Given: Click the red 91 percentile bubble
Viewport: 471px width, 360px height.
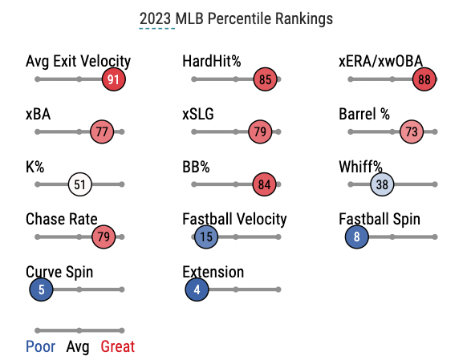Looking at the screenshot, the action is click(114, 79).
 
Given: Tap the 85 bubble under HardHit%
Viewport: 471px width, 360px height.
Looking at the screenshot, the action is click(265, 79).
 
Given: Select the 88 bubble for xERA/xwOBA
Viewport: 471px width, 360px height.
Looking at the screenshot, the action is click(424, 79).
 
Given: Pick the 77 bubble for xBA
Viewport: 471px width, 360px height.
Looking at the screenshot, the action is click(102, 131).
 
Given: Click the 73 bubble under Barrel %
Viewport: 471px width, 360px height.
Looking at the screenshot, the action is click(412, 131).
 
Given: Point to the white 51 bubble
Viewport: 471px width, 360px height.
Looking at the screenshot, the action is click(80, 184).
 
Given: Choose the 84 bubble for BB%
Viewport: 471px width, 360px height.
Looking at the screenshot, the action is click(264, 184).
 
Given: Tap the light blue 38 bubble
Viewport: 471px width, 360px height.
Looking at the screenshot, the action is click(382, 184).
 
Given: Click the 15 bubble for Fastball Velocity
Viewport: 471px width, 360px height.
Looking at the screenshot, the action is click(206, 237).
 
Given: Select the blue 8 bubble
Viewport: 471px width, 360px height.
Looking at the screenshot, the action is click(357, 237).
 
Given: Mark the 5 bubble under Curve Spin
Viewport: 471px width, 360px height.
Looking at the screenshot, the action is click(41, 289).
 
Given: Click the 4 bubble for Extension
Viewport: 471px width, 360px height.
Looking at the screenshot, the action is click(197, 289).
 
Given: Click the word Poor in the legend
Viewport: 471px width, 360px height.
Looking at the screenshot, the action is click(41, 347).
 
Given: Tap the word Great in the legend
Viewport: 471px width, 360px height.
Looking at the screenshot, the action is click(118, 347).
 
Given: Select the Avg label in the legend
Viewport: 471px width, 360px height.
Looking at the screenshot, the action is click(78, 347).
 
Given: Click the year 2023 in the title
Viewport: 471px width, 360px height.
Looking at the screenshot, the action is click(156, 19).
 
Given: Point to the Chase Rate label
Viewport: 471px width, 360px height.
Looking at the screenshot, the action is click(62, 219).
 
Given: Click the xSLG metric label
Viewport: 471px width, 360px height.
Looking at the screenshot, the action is click(198, 114).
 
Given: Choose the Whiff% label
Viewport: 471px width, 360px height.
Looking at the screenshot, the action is click(360, 167).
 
